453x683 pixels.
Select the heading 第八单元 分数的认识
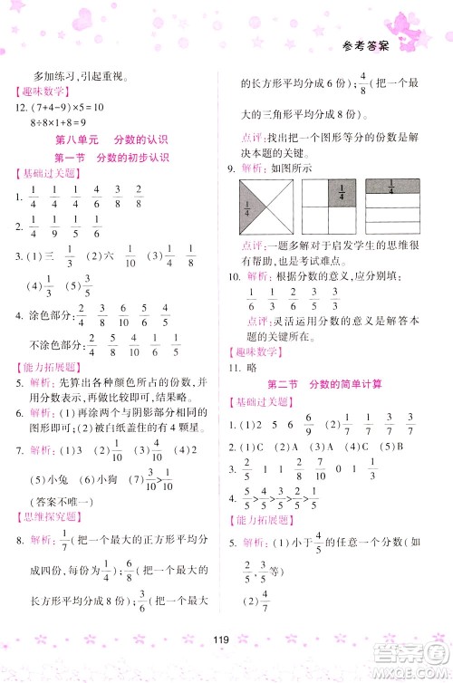pyautogui.click(x=113, y=139)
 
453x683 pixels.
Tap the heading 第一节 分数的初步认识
pyautogui.click(x=113, y=158)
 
